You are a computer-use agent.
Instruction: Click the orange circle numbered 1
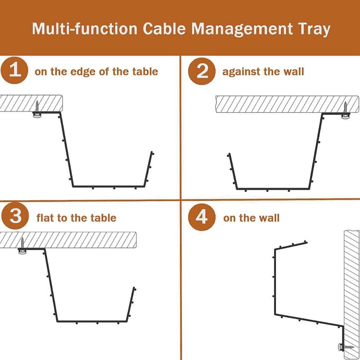pyautogui.click(x=15, y=72)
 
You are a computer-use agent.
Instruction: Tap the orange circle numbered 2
pyautogui.click(x=202, y=72)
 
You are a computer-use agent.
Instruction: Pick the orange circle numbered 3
pyautogui.click(x=15, y=216)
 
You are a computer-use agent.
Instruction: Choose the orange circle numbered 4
pyautogui.click(x=202, y=216)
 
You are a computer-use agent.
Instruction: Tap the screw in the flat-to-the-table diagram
pyautogui.click(x=22, y=246)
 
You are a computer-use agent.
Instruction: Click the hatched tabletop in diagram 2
pyautogui.click(x=279, y=104)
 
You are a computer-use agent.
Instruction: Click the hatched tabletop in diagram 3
pyautogui.click(x=76, y=239)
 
